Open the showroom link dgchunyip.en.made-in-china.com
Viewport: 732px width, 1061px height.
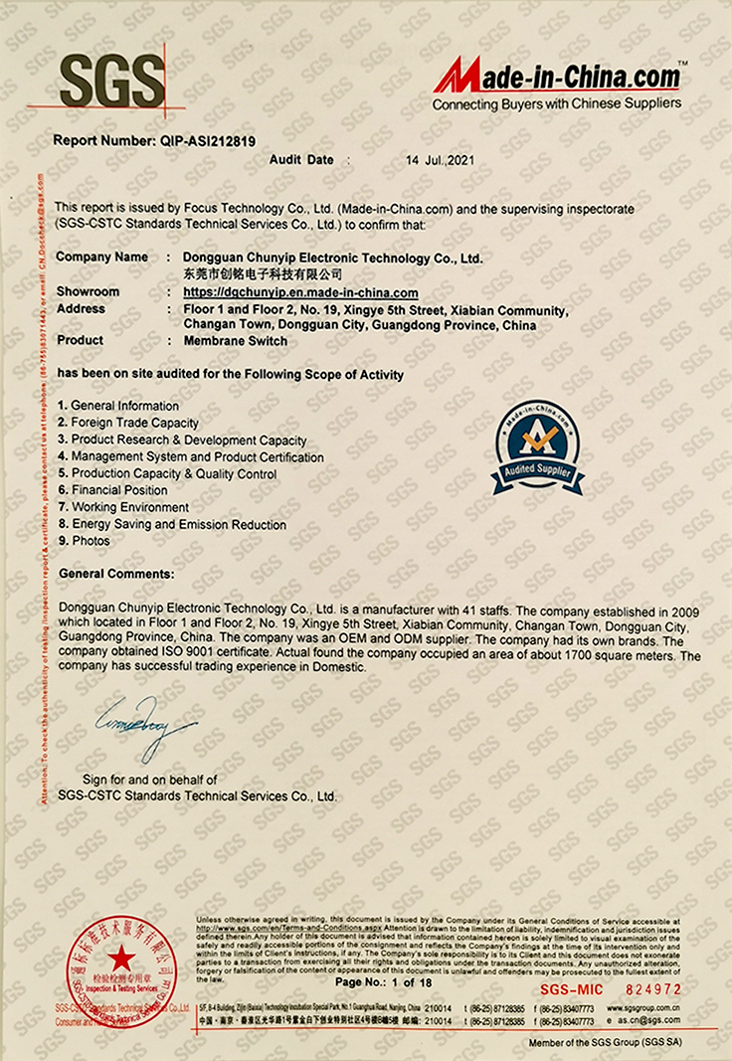click(x=301, y=292)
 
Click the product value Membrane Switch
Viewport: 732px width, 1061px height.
click(x=236, y=340)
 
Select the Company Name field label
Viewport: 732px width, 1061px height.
click(x=101, y=257)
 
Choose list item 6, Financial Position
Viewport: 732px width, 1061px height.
click(x=113, y=490)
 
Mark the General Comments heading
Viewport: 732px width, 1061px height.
click(x=116, y=574)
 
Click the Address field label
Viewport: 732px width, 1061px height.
click(x=82, y=308)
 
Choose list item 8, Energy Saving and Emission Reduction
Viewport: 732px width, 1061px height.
click(x=172, y=524)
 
